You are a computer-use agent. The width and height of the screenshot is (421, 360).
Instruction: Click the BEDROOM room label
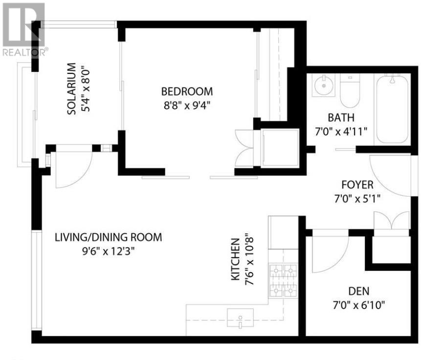tap(187, 91)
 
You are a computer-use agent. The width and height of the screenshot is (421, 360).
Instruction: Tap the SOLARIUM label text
tap(71, 89)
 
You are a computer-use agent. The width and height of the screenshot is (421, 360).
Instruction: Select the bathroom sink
tap(323, 88)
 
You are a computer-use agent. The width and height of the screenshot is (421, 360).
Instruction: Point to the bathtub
tap(392, 109)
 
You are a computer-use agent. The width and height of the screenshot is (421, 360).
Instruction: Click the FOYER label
tap(357, 185)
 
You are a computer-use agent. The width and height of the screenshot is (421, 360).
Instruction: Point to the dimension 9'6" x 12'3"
tap(108, 252)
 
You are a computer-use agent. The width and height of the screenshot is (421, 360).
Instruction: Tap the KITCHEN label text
tap(235, 260)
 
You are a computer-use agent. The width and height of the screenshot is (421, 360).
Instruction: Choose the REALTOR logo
tap(23, 27)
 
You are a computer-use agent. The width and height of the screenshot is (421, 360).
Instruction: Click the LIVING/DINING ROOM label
tap(108, 238)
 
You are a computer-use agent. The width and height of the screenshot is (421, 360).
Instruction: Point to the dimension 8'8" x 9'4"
tap(187, 105)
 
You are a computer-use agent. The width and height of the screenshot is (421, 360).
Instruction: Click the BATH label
tap(341, 118)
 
